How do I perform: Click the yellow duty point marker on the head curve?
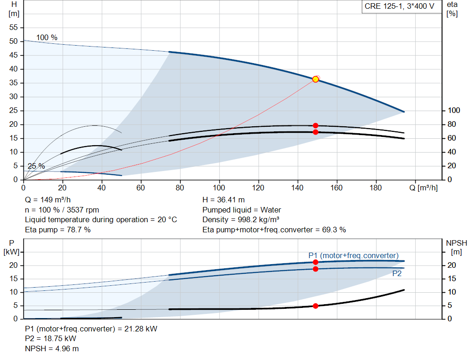(315, 79)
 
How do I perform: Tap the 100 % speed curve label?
(47, 38)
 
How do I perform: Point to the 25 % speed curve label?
(36, 166)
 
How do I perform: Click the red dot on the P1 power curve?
(315, 262)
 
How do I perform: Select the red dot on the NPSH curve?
(315, 306)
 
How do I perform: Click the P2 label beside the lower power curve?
(397, 273)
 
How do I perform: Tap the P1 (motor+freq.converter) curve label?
(354, 255)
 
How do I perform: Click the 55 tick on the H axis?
(13, 27)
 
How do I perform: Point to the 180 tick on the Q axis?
(376, 188)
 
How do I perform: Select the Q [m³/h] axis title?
(424, 188)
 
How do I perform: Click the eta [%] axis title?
(452, 9)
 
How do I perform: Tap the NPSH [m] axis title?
(456, 248)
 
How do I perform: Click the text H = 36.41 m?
(224, 200)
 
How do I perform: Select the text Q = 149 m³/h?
(48, 200)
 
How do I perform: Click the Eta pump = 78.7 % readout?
(58, 230)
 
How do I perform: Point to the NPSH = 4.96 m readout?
(52, 348)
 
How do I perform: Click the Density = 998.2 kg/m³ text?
(241, 220)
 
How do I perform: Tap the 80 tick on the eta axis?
(452, 124)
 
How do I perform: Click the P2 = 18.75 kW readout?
(51, 339)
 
